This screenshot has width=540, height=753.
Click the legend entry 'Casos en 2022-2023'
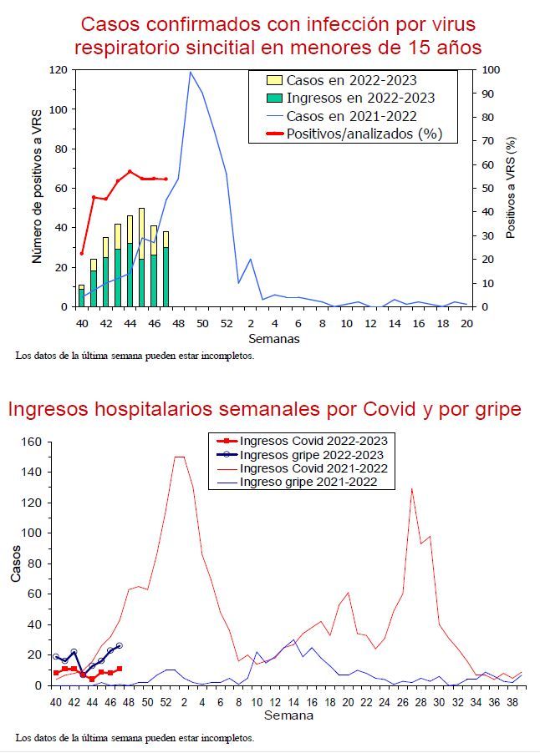351,81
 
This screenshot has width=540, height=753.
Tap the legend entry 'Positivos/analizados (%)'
364,134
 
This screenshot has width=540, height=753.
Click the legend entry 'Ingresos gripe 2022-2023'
311,455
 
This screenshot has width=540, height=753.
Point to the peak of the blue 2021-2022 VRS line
190,72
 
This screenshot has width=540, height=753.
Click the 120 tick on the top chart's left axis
57,70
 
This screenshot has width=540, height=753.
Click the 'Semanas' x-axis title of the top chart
273,339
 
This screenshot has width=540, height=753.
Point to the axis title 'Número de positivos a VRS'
38,189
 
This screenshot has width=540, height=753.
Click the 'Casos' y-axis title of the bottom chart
16,564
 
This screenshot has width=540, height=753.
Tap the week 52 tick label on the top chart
226,323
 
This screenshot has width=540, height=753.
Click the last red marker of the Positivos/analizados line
166,179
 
